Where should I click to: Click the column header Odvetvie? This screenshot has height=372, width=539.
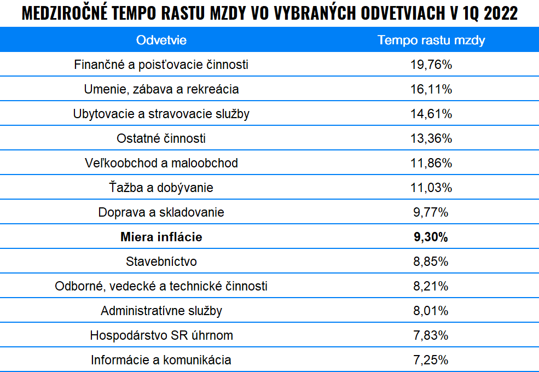click(x=161, y=40)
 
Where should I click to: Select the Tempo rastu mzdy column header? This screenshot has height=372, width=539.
click(x=431, y=40)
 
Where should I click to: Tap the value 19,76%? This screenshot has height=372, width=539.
click(x=431, y=65)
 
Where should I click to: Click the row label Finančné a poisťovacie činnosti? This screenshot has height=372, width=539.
click(x=161, y=65)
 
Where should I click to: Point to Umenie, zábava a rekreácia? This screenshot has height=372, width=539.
click(x=161, y=89)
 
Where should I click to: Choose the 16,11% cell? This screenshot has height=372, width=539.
click(x=431, y=89)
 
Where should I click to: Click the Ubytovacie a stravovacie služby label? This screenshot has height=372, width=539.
click(x=161, y=114)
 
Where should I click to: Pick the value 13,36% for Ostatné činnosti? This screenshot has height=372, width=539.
click(x=431, y=138)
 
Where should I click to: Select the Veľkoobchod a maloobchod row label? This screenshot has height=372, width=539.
click(x=161, y=163)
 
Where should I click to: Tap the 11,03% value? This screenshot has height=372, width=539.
click(x=431, y=188)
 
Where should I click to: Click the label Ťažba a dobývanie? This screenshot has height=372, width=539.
click(x=161, y=188)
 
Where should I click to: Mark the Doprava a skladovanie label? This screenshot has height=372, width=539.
click(x=161, y=212)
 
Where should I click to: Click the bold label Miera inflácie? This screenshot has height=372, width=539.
click(x=161, y=237)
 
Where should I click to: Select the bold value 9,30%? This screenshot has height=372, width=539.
click(x=431, y=237)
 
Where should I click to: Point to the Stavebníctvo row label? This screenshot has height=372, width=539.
click(x=161, y=261)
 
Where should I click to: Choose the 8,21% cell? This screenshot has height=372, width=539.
click(x=431, y=286)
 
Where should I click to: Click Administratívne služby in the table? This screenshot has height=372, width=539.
click(x=161, y=311)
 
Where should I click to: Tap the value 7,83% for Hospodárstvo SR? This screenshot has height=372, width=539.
click(x=431, y=335)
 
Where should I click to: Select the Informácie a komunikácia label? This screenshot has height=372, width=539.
click(x=161, y=360)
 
